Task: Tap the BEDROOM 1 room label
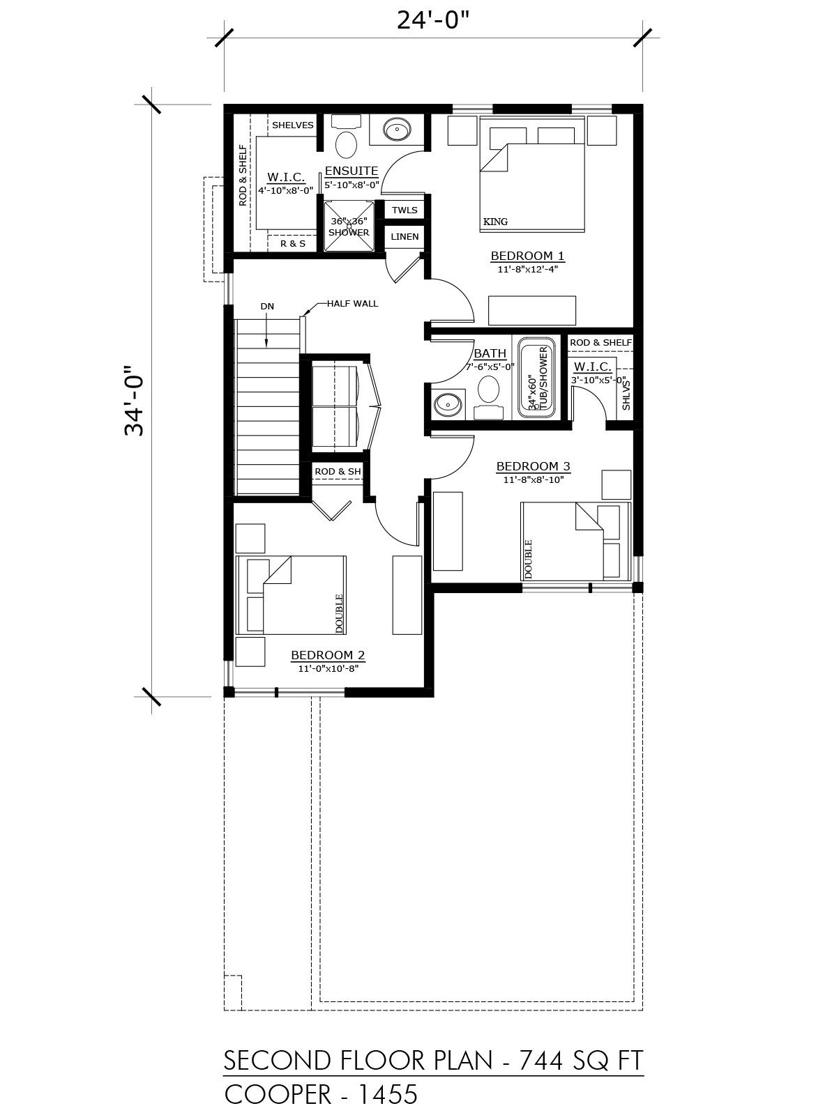pos(527,256)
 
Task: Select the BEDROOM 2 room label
pos(328,655)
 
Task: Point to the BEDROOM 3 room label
pos(533,466)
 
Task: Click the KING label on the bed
pos(495,222)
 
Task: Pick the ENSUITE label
pos(352,171)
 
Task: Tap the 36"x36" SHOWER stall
pos(348,226)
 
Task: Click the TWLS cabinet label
pos(405,210)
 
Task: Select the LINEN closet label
pos(405,236)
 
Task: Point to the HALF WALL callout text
pos(352,304)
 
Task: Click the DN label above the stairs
pos(267,306)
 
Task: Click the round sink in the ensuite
pos(397,130)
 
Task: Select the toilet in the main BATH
pos(488,397)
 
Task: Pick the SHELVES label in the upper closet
pos(293,125)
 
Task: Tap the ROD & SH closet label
pos(338,471)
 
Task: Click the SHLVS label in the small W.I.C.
pos(626,395)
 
